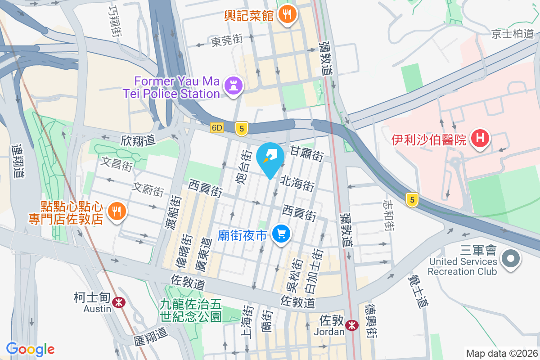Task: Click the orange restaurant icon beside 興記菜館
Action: tap(286, 15)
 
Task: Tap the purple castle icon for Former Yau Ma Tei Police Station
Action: tap(233, 87)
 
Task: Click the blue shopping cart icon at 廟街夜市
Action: tap(282, 234)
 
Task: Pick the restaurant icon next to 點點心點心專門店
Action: tap(117, 211)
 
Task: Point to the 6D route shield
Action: tap(217, 128)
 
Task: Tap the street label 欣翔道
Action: tap(138, 140)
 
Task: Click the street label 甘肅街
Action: tap(306, 153)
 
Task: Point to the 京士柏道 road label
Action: tap(512, 34)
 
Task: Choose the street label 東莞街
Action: tap(227, 41)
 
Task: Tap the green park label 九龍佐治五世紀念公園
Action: tap(191, 310)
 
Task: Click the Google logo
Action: tap(30, 349)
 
